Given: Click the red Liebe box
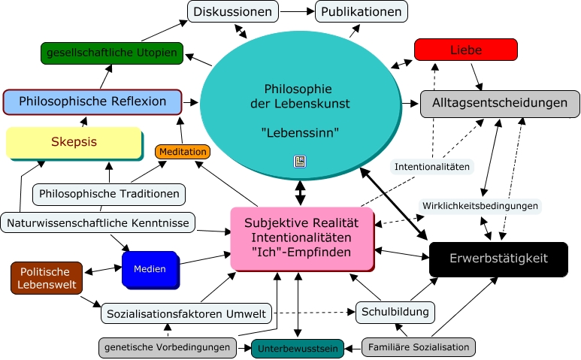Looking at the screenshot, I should coord(465,50).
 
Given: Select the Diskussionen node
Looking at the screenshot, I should coord(232,12).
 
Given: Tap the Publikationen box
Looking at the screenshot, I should coord(362,12).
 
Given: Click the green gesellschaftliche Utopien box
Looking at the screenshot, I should coord(112,53).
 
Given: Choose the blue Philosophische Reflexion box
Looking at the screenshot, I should coord(92,101).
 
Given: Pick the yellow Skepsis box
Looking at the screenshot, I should coord(74,142).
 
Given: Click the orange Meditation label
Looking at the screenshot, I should coord(182,152).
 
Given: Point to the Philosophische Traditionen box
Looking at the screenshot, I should coord(109,194).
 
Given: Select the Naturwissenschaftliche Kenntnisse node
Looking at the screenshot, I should coord(98,222).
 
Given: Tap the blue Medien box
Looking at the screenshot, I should coord(149,269).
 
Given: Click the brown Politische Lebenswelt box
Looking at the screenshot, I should coord(45,278).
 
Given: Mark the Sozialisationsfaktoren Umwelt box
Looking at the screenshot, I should coord(186,313).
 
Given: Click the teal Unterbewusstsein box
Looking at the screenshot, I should coord(298,349).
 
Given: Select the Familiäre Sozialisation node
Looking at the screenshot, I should coord(418,347).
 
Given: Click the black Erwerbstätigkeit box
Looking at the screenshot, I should coord(498,259).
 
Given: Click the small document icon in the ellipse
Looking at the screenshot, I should coord(299,162).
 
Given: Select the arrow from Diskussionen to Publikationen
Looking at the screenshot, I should coord(297,12).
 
